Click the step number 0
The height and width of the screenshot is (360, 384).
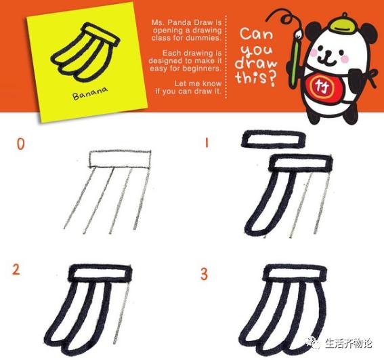click(21, 144)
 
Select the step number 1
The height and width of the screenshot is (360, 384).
click(203, 144)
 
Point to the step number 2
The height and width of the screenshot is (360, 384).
click(16, 270)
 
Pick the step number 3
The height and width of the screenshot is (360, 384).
click(203, 274)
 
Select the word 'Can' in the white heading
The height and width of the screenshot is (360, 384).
click(257, 34)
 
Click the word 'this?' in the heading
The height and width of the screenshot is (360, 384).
click(255, 77)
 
